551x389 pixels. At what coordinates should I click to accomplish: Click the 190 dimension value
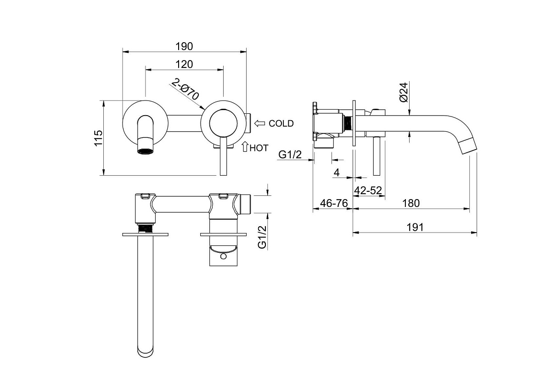pyautogui.click(x=184, y=46)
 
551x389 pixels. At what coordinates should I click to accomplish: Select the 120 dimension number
pyautogui.click(x=184, y=64)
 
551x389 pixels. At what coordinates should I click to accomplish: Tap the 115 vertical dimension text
pyautogui.click(x=98, y=138)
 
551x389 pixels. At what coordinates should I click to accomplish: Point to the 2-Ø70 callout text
pyautogui.click(x=185, y=89)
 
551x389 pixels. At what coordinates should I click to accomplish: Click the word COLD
pyautogui.click(x=281, y=123)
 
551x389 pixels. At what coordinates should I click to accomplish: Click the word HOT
pyautogui.click(x=259, y=148)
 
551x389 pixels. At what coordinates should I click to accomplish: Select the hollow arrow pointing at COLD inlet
pyautogui.click(x=259, y=123)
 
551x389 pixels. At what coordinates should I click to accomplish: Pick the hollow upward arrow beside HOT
pyautogui.click(x=245, y=146)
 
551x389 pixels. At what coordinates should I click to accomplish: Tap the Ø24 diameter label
pyautogui.click(x=404, y=92)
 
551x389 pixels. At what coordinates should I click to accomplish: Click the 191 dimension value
pyautogui.click(x=415, y=228)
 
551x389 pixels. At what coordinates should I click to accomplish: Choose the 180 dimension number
pyautogui.click(x=411, y=203)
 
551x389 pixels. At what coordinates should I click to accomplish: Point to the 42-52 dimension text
pyautogui.click(x=368, y=190)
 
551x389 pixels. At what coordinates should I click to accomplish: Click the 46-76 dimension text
pyautogui.click(x=334, y=203)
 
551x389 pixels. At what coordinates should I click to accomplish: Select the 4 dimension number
pyautogui.click(x=337, y=172)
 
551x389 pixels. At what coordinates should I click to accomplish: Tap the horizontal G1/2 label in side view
pyautogui.click(x=290, y=155)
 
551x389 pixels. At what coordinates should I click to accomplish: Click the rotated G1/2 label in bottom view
pyautogui.click(x=262, y=237)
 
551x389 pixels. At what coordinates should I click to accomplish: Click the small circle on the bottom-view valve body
pyautogui.click(x=223, y=256)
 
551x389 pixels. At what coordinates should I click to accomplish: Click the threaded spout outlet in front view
pyautogui.click(x=146, y=146)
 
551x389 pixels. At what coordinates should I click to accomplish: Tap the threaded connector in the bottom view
pyautogui.click(x=146, y=228)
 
